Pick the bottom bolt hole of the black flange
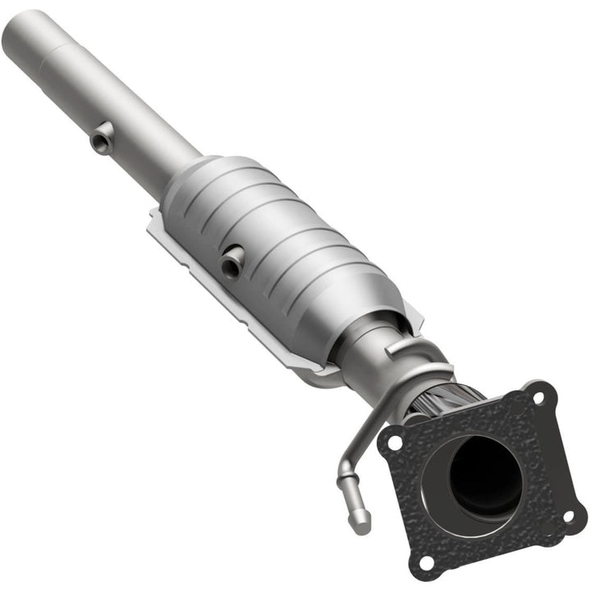click(x=424, y=562)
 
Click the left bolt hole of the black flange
click(x=395, y=442)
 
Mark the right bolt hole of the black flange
click(x=568, y=515)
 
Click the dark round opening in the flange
click(x=484, y=475)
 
